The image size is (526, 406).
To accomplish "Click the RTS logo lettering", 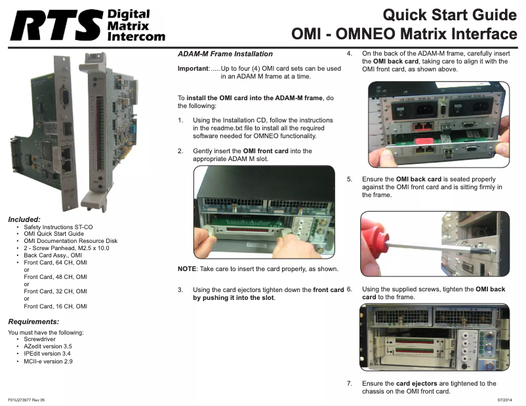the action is coord(56,25).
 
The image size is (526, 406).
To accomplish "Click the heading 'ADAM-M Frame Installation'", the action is coord(225,54).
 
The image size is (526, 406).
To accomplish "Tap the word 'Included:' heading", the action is coord(24,219).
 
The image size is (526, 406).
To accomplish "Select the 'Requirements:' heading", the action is coord(33,322).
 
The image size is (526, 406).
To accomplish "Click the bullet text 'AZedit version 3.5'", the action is coord(48,346).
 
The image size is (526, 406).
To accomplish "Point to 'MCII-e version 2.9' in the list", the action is coord(48,361).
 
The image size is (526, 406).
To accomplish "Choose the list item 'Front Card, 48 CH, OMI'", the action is coord(55,277).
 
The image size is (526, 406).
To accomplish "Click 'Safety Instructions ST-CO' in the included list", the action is coord(58,227).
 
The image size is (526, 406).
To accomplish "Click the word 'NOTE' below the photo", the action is coord(187,268).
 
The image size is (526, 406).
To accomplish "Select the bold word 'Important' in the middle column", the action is coord(193,68).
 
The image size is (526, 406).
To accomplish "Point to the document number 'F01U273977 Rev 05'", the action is coord(26,400).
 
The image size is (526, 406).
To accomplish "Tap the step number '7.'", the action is coord(350,383).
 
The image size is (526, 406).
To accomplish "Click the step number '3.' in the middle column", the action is coord(180,289).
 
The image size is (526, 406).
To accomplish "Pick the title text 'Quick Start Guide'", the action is coord(449,15).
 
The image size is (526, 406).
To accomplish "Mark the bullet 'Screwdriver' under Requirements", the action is coord(39,339).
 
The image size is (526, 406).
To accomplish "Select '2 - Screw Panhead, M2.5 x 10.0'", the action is coord(66,248).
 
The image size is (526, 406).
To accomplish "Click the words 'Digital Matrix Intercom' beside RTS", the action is coord(136,25).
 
